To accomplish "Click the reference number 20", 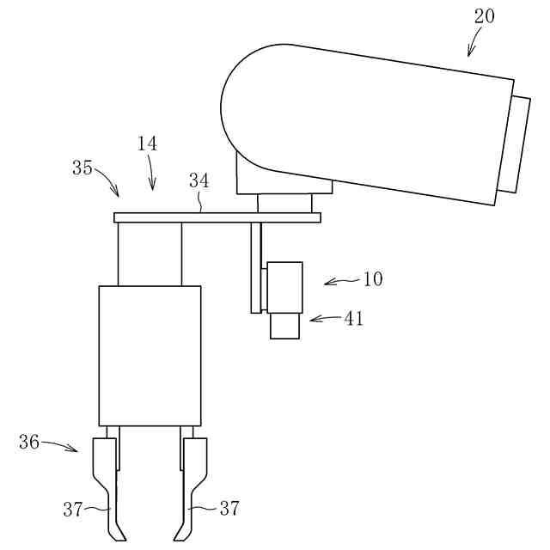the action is (484, 16).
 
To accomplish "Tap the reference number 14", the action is (147, 144).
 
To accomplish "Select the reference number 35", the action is (82, 168).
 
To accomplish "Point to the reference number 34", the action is (199, 180).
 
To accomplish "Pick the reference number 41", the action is (354, 319).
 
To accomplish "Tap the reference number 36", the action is (29, 442).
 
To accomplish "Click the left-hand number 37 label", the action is (72, 509).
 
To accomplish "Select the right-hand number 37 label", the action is (229, 509).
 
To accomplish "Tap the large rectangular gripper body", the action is (150, 356).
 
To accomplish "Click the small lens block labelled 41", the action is (285, 326).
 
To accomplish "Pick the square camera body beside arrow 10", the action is (284, 287).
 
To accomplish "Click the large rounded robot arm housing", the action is (361, 120).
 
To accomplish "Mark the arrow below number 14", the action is (152, 176).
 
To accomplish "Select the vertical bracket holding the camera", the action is (256, 266).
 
